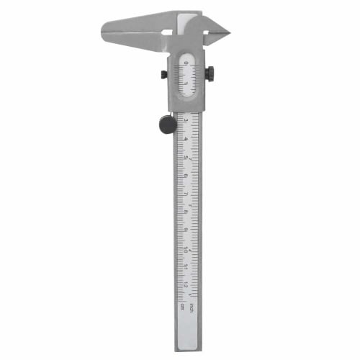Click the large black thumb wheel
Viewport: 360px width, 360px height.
click(x=167, y=125)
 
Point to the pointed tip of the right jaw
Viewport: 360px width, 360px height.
click(x=228, y=31)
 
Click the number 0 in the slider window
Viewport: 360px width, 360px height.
click(x=185, y=63)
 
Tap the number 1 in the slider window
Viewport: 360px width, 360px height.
click(x=185, y=82)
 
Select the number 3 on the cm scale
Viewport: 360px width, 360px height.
click(x=186, y=120)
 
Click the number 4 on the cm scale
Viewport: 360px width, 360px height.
click(x=186, y=138)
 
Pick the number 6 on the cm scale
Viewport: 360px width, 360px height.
click(x=186, y=175)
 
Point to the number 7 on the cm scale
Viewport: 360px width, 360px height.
click(x=186, y=194)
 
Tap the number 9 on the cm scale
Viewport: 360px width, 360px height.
click(x=186, y=230)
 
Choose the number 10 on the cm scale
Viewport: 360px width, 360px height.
click(x=186, y=249)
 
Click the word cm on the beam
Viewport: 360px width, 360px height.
click(x=183, y=305)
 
